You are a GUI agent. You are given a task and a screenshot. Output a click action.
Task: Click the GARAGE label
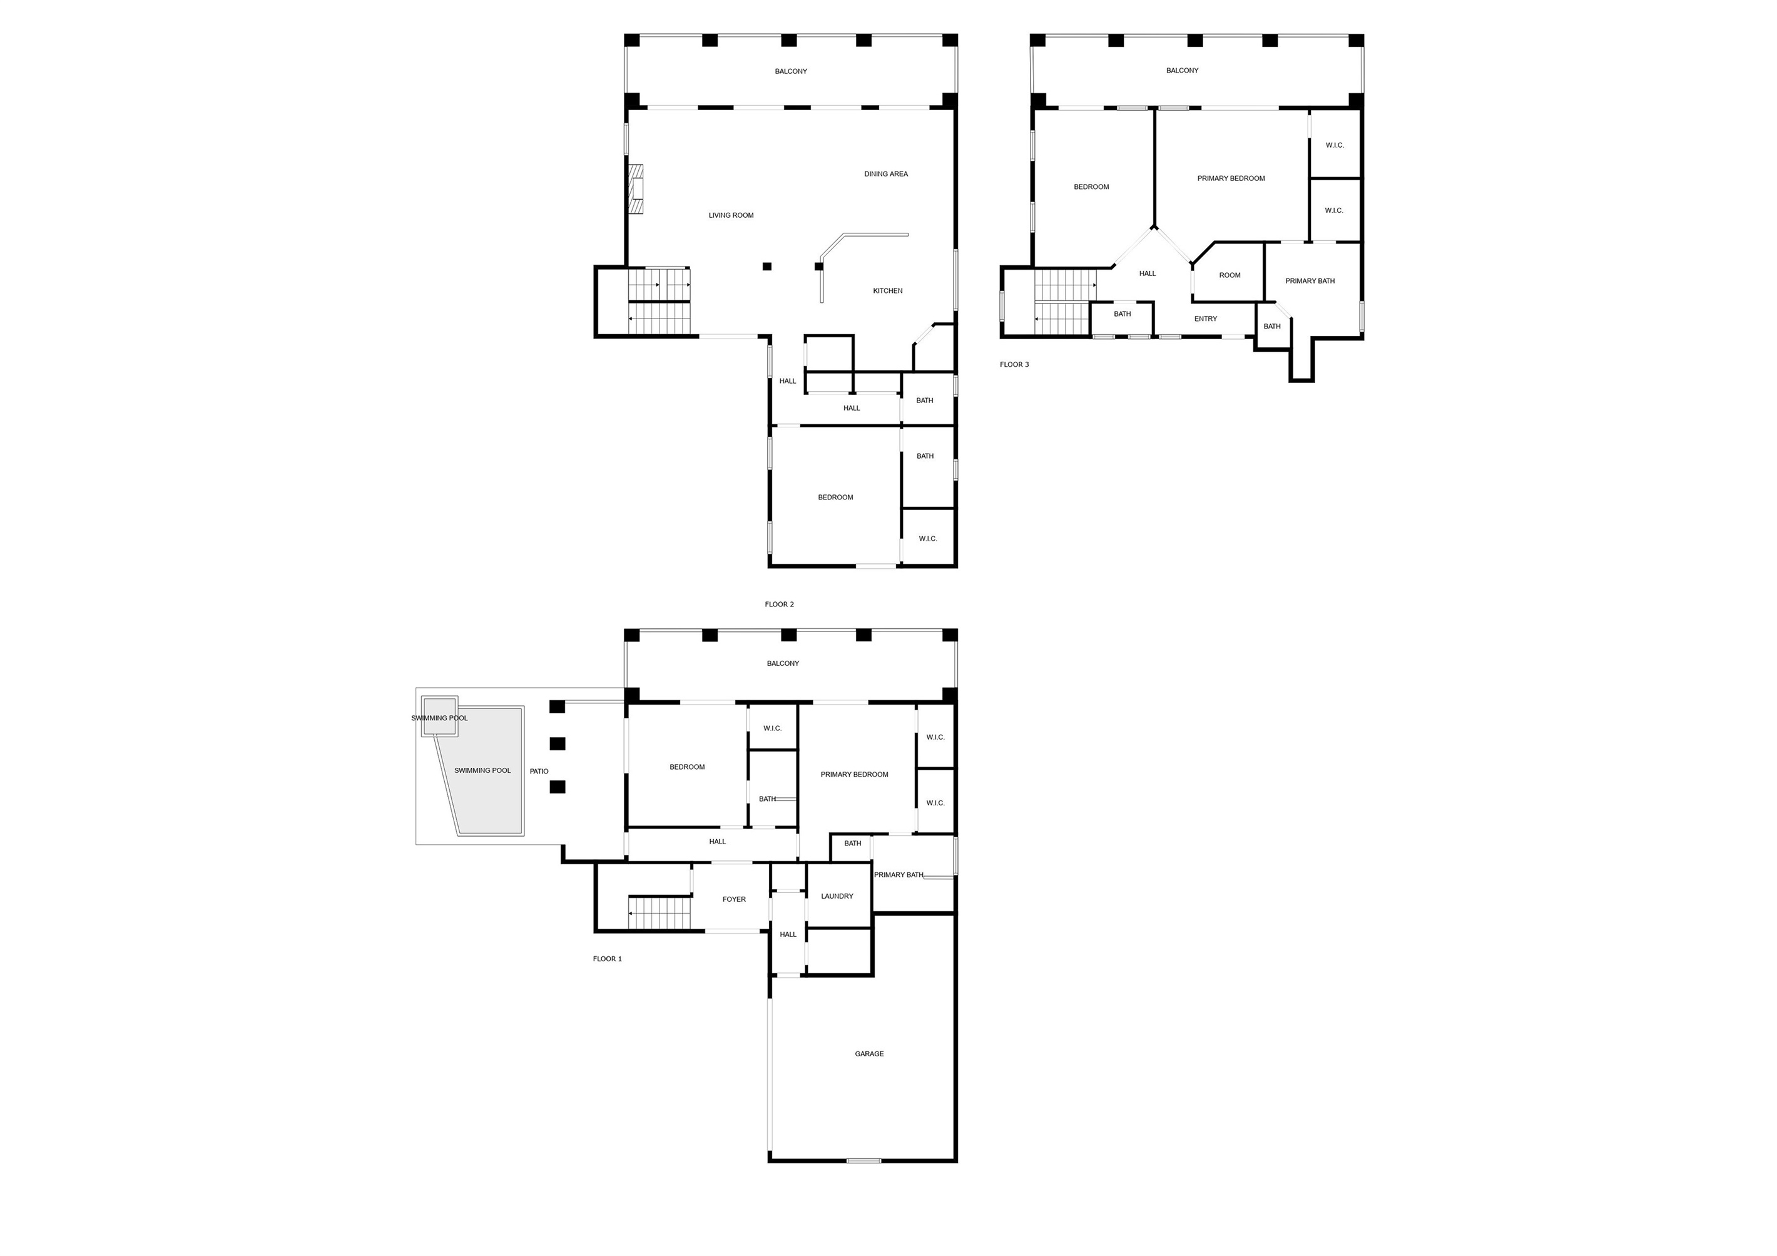pos(869,1053)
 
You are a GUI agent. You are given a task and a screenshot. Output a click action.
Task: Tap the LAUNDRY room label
pos(837,896)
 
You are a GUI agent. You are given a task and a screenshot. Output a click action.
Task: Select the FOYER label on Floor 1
pos(734,899)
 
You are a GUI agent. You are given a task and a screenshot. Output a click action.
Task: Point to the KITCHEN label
pos(888,291)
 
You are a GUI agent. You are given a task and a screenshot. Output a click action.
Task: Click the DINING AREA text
pos(886,174)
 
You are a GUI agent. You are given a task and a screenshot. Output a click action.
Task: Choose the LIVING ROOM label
pos(731,215)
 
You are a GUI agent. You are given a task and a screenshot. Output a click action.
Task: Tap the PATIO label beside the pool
pos(539,772)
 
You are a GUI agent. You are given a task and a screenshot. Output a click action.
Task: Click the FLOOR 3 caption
pos(1014,364)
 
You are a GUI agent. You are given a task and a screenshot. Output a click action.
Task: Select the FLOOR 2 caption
pos(780,605)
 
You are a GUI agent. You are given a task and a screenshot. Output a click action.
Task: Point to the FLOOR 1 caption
pos(608,959)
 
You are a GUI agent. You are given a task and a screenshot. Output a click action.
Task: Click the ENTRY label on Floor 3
pos(1205,319)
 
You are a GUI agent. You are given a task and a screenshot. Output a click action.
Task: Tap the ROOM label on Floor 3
pos(1229,275)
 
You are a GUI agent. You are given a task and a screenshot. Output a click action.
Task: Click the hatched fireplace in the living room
pos(636,190)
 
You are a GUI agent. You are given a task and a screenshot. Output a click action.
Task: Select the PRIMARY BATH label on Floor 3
pos(1310,281)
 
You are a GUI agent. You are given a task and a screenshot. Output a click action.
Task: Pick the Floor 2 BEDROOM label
pos(835,498)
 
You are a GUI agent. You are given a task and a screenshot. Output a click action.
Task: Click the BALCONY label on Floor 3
pos(1182,71)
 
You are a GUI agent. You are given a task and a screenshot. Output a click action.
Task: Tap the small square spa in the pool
pos(439,717)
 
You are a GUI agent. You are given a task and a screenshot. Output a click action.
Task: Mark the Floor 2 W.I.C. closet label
pos(927,539)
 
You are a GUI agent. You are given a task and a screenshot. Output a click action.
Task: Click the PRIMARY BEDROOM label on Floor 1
pos(855,775)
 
